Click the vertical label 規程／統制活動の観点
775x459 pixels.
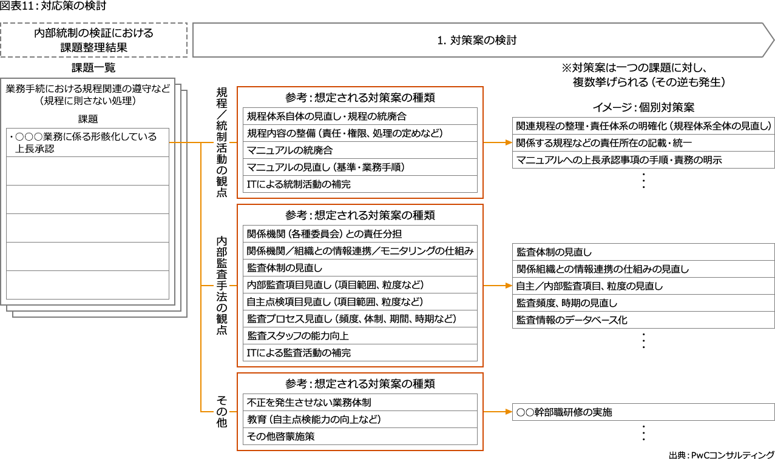point(222,142)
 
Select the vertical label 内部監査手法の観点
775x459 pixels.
point(222,286)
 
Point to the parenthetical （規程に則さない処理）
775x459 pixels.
point(88,101)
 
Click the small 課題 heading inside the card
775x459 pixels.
point(88,119)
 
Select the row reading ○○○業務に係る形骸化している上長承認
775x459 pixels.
point(87,142)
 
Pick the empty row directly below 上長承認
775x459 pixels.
point(87,171)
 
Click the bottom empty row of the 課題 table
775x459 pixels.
point(87,285)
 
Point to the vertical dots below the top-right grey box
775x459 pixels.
point(643,181)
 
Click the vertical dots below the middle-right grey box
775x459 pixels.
point(643,341)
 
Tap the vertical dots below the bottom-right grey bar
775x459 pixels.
point(643,432)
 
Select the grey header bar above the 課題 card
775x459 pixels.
point(94,40)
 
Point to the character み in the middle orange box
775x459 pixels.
point(469,250)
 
